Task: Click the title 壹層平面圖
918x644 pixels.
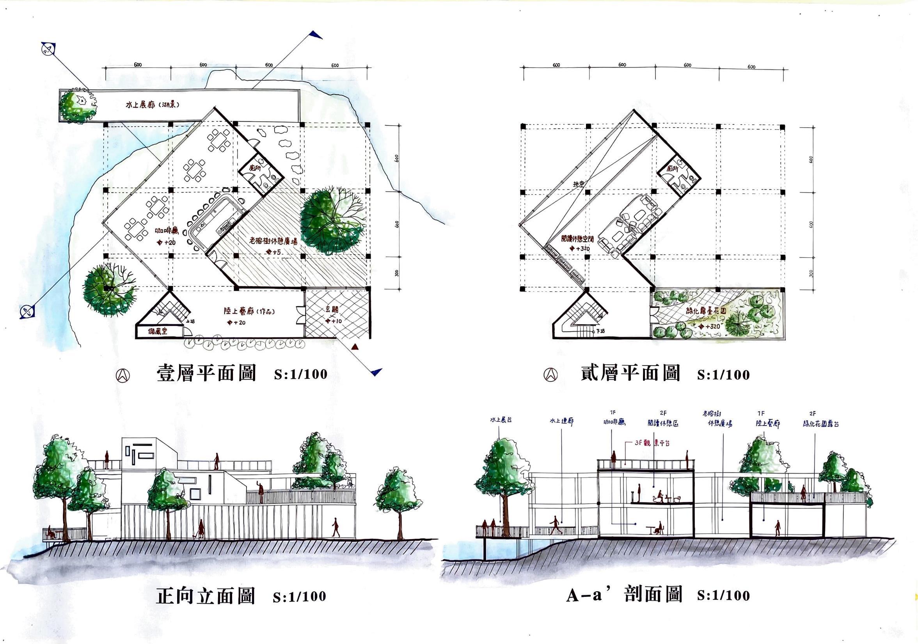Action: pyautogui.click(x=206, y=374)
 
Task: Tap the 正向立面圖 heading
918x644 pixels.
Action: pyautogui.click(x=205, y=596)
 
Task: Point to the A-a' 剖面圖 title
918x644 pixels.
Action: pyautogui.click(x=624, y=595)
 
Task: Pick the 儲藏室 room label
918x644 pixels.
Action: pyautogui.click(x=157, y=332)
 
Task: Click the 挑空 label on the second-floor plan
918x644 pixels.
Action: pyautogui.click(x=578, y=185)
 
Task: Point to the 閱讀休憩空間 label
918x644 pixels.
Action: pyautogui.click(x=577, y=239)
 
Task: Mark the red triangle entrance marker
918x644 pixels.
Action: pyautogui.click(x=354, y=347)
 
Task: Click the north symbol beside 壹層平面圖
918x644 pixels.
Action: pyautogui.click(x=122, y=375)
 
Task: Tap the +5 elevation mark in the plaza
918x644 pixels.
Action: pyautogui.click(x=273, y=252)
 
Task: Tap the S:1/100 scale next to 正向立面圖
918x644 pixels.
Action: pyautogui.click(x=300, y=596)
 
